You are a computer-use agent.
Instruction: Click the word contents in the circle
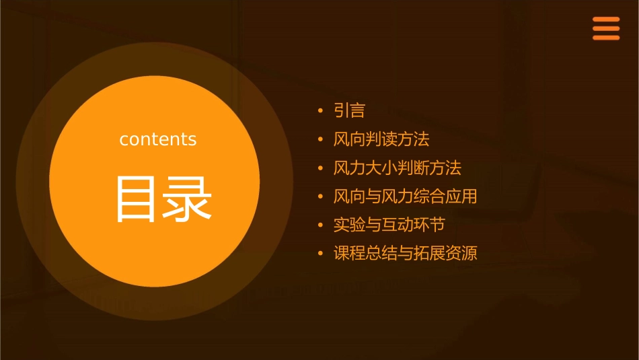(158, 139)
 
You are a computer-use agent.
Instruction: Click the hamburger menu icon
(606, 28)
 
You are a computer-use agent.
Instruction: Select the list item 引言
(349, 110)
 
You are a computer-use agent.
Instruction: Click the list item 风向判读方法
(381, 139)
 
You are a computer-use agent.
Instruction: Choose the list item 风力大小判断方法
(397, 168)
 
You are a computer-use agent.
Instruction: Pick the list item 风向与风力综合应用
(405, 196)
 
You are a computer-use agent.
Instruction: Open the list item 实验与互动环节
(389, 225)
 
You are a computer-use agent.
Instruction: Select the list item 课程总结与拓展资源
(405, 254)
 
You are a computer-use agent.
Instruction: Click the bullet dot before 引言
(321, 111)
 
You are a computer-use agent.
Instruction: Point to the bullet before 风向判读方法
(321, 140)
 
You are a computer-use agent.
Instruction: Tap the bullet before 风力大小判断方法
(321, 168)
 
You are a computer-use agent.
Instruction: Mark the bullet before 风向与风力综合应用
(321, 197)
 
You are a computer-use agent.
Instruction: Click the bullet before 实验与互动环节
(321, 225)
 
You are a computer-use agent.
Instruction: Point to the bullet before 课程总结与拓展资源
(321, 254)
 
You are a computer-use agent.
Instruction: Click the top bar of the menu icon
(606, 20)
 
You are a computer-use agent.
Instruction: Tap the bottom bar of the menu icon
(606, 38)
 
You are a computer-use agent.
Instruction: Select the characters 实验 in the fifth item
(349, 225)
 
